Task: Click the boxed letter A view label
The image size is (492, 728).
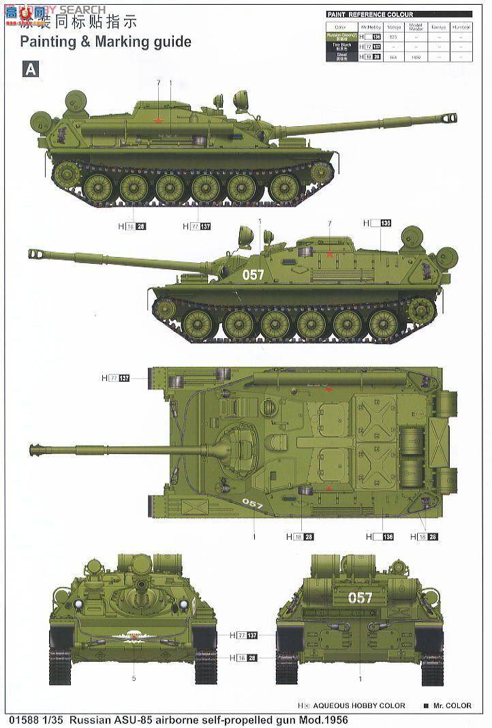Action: point(29,69)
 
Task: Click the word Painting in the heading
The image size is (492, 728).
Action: point(46,42)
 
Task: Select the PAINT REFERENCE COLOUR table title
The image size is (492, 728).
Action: point(365,14)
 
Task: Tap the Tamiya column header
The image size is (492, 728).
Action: point(439,27)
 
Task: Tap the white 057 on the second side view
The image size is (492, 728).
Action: point(253,275)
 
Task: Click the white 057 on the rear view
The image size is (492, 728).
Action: point(360,598)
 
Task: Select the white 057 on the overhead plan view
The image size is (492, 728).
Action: point(252,504)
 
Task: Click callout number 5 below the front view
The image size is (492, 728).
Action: point(134,678)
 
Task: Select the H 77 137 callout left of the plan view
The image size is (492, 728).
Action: point(115,378)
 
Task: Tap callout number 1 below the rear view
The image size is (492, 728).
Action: point(360,678)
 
